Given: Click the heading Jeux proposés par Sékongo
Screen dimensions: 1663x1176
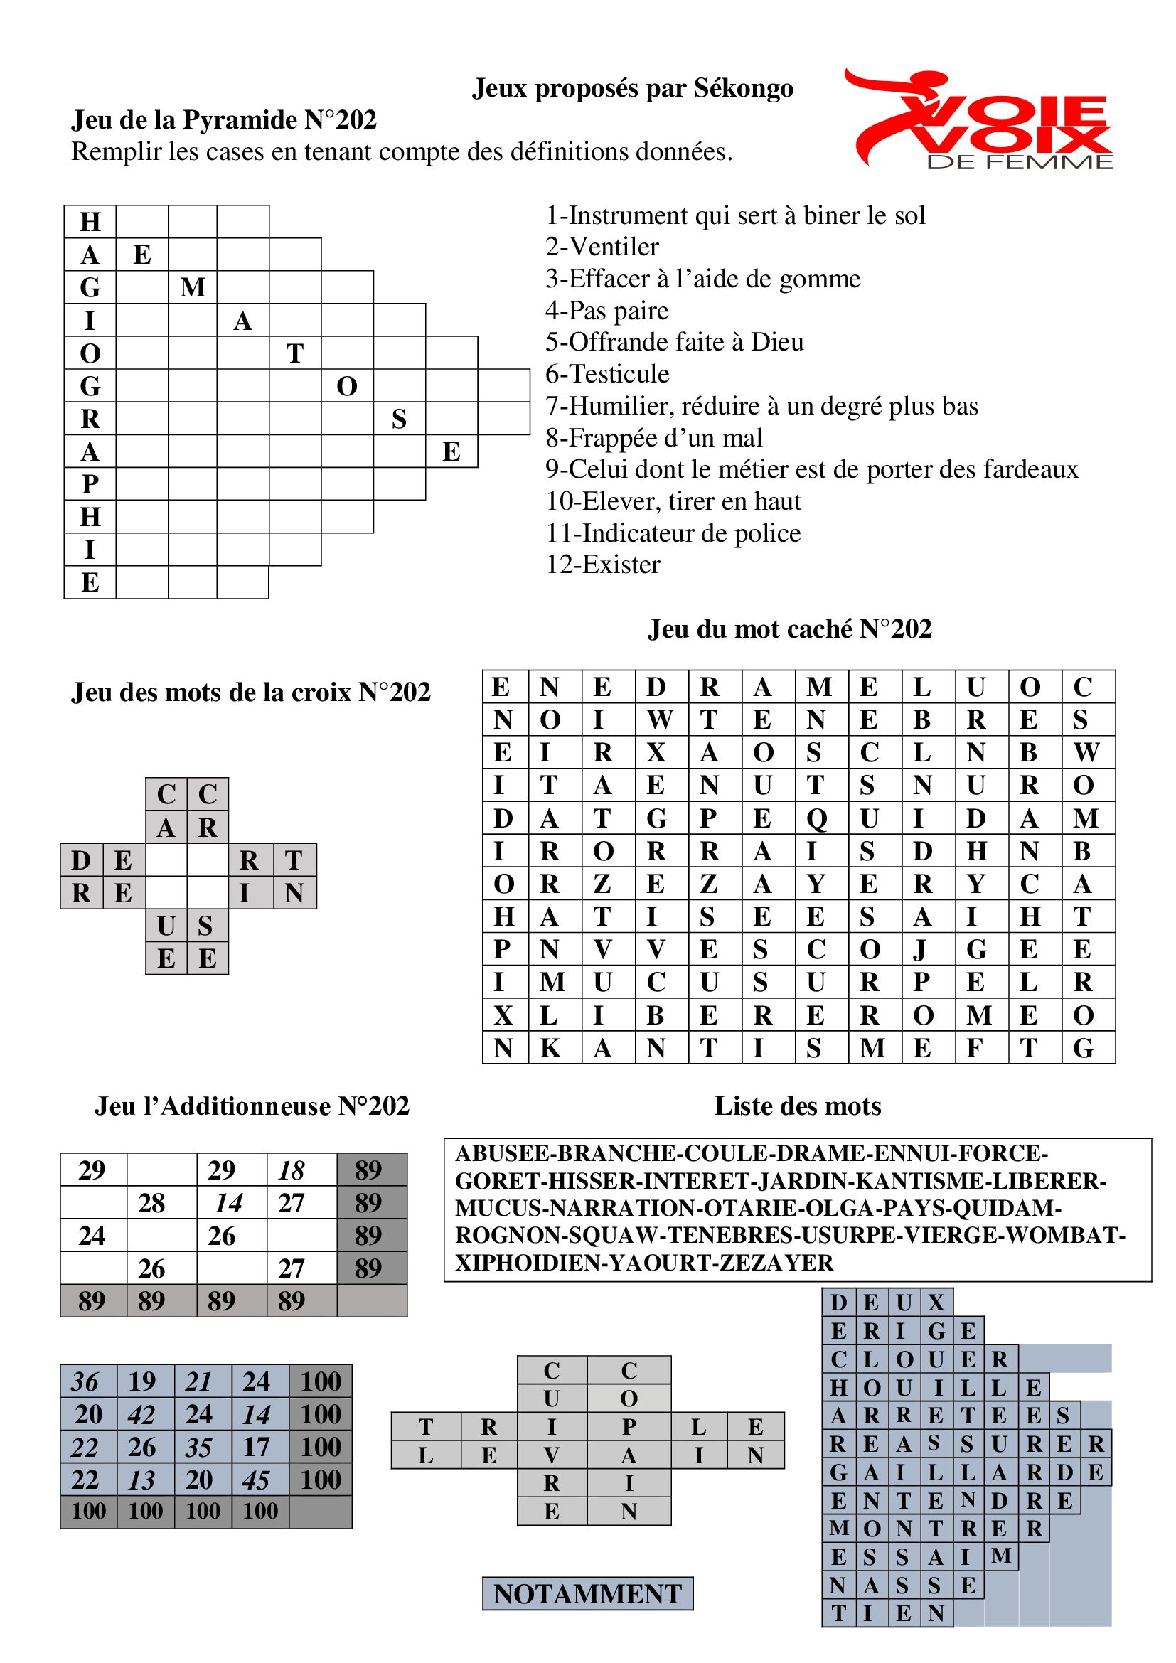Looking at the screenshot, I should pyautogui.click(x=632, y=88).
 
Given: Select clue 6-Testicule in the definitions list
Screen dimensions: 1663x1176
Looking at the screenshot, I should pyautogui.click(x=606, y=374).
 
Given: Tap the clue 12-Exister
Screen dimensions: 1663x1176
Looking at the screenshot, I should pyautogui.click(x=602, y=565).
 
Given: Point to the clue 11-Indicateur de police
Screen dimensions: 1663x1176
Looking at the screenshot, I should pyautogui.click(x=673, y=533).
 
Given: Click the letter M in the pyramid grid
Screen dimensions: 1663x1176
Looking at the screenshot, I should pyautogui.click(x=193, y=287).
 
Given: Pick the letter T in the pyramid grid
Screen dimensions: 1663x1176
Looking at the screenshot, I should pyautogui.click(x=295, y=353).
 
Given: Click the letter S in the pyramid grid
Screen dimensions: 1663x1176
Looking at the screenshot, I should pyautogui.click(x=399, y=419).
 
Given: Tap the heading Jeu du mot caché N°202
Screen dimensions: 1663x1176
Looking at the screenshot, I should pyautogui.click(x=789, y=629).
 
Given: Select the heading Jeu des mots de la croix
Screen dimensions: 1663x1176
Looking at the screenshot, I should pyautogui.click(x=250, y=693).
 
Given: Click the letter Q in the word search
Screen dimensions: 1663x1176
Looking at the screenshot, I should pyautogui.click(x=817, y=818).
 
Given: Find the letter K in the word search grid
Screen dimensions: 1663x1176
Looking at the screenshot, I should pyautogui.click(x=550, y=1048).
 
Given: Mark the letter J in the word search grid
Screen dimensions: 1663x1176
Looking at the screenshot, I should pyautogui.click(x=921, y=950).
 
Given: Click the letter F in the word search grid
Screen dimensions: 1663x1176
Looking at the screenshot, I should pyautogui.click(x=975, y=1048).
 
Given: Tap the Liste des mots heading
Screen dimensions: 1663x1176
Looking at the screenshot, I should pyautogui.click(x=797, y=1106).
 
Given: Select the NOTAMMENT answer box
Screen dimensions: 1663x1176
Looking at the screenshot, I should pyautogui.click(x=587, y=1593).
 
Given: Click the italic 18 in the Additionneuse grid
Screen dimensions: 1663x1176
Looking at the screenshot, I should pyautogui.click(x=291, y=1171).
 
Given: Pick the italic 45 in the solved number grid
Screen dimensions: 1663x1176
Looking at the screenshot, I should pyautogui.click(x=257, y=1480).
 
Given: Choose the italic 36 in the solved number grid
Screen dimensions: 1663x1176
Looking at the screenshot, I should pyautogui.click(x=85, y=1382).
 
